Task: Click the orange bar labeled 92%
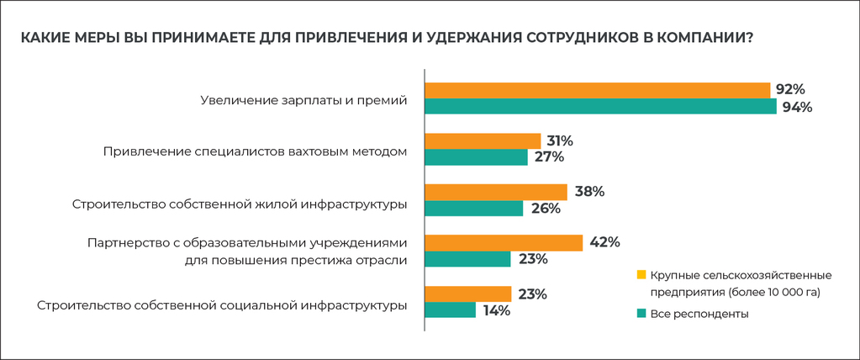(597, 90)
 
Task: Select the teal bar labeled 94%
(600, 107)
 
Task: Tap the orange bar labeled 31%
(483, 140)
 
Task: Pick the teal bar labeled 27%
(476, 157)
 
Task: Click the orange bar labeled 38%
(496, 192)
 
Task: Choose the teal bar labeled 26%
(474, 208)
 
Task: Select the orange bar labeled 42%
(504, 242)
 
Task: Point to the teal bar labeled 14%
(450, 310)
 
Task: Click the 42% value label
(604, 242)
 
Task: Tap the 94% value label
(797, 107)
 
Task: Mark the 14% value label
(498, 310)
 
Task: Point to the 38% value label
(589, 192)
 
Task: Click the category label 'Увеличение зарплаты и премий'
(303, 100)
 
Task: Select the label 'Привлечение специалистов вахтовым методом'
(256, 151)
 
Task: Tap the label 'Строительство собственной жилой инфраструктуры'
(240, 203)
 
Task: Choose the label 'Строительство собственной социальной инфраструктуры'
(223, 304)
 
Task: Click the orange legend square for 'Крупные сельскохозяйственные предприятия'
(641, 275)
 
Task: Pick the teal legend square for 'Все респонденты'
(641, 314)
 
